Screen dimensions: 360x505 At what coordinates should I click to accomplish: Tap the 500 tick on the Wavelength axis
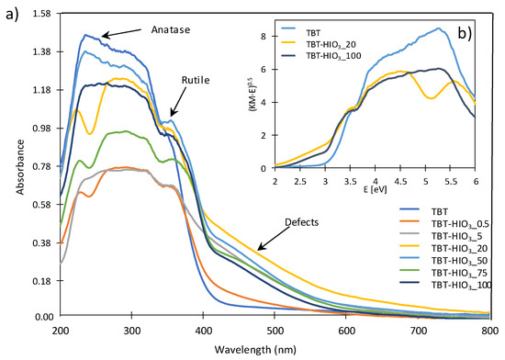point(275,328)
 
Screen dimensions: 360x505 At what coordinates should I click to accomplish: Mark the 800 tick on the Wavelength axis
point(489,328)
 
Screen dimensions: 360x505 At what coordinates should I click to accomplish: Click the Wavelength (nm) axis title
point(275,348)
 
